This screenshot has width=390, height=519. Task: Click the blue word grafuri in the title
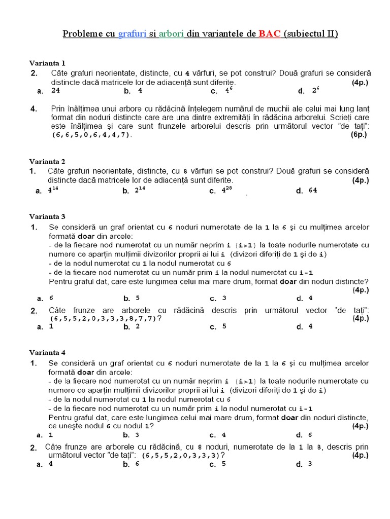pyautogui.click(x=132, y=34)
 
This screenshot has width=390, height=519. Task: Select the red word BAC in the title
pyautogui.click(x=269, y=34)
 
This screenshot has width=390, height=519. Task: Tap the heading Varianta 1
pyautogui.click(x=47, y=63)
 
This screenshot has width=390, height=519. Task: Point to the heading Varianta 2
pyautogui.click(x=47, y=162)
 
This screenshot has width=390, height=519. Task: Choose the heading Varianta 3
pyautogui.click(x=47, y=216)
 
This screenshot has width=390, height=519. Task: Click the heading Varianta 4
pyautogui.click(x=47, y=352)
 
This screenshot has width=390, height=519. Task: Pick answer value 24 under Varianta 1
pyautogui.click(x=56, y=91)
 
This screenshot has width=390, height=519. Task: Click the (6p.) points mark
pyautogui.click(x=359, y=135)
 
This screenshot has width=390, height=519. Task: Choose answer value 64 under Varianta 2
pyautogui.click(x=312, y=191)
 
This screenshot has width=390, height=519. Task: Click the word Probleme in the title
pyautogui.click(x=81, y=34)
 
